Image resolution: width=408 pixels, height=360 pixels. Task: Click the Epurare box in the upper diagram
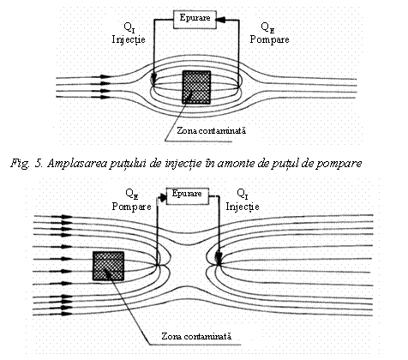(195, 20)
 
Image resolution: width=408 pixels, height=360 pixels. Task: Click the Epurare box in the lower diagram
(187, 196)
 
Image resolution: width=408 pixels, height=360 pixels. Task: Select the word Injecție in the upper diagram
(129, 39)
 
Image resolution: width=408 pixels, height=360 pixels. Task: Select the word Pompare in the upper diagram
(269, 39)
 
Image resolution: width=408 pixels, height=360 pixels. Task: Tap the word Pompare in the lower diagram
(131, 207)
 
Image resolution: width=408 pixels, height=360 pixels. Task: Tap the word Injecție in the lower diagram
(243, 207)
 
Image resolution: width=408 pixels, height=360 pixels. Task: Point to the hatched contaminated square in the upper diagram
(196, 87)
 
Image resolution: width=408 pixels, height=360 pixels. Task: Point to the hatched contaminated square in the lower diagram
(109, 266)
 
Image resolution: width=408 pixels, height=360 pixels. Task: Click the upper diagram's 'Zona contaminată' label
(211, 131)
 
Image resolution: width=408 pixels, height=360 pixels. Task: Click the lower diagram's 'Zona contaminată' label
(196, 336)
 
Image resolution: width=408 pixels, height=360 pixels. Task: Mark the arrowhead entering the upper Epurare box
(221, 20)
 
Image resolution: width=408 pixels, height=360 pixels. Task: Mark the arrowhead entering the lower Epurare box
(162, 198)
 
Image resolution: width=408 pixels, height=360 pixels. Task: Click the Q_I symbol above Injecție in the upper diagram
(129, 27)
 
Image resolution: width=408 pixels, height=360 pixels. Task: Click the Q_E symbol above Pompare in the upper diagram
(267, 27)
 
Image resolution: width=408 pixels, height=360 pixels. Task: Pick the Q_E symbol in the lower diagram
(132, 194)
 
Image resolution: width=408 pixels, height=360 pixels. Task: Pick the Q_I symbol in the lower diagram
(243, 194)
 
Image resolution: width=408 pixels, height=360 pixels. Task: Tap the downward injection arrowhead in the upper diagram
(153, 78)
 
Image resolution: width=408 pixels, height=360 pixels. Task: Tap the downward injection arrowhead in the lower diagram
(219, 257)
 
